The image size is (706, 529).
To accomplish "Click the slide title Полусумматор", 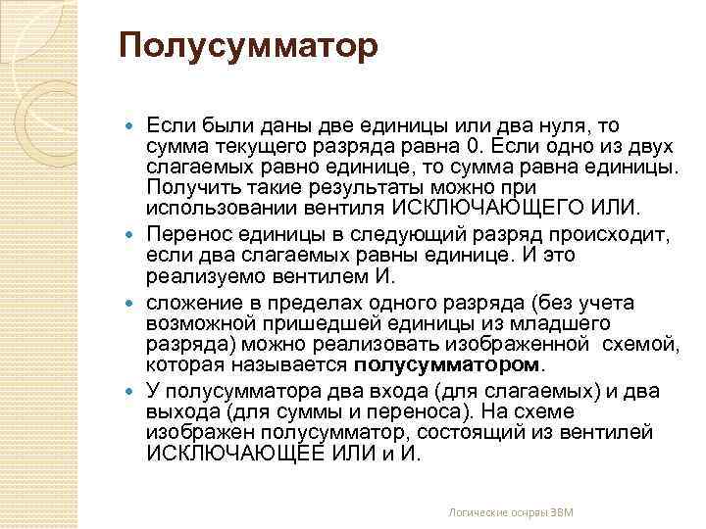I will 247,47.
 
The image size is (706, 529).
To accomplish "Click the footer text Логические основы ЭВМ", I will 510,512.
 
